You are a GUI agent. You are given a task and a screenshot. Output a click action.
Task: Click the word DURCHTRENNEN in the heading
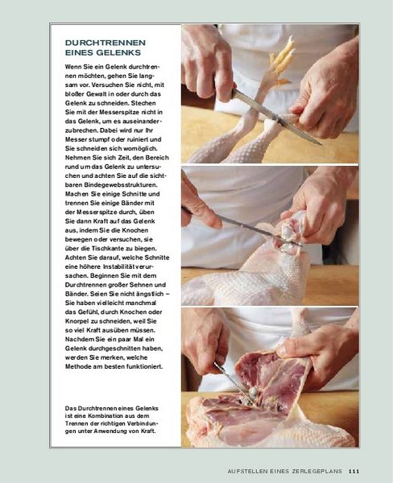coord(105,43)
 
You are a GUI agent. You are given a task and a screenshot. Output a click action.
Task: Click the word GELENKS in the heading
coord(118,52)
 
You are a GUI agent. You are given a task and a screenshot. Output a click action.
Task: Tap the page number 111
coord(354,471)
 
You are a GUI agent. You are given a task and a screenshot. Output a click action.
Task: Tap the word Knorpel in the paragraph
coord(77,321)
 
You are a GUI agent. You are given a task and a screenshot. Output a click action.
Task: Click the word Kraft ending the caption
coord(148,431)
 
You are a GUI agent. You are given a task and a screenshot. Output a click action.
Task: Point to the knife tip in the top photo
coord(321,144)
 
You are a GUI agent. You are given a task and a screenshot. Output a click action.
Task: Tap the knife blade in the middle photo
coord(259,230)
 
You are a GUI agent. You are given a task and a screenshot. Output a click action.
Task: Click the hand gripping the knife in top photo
coord(207,63)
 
